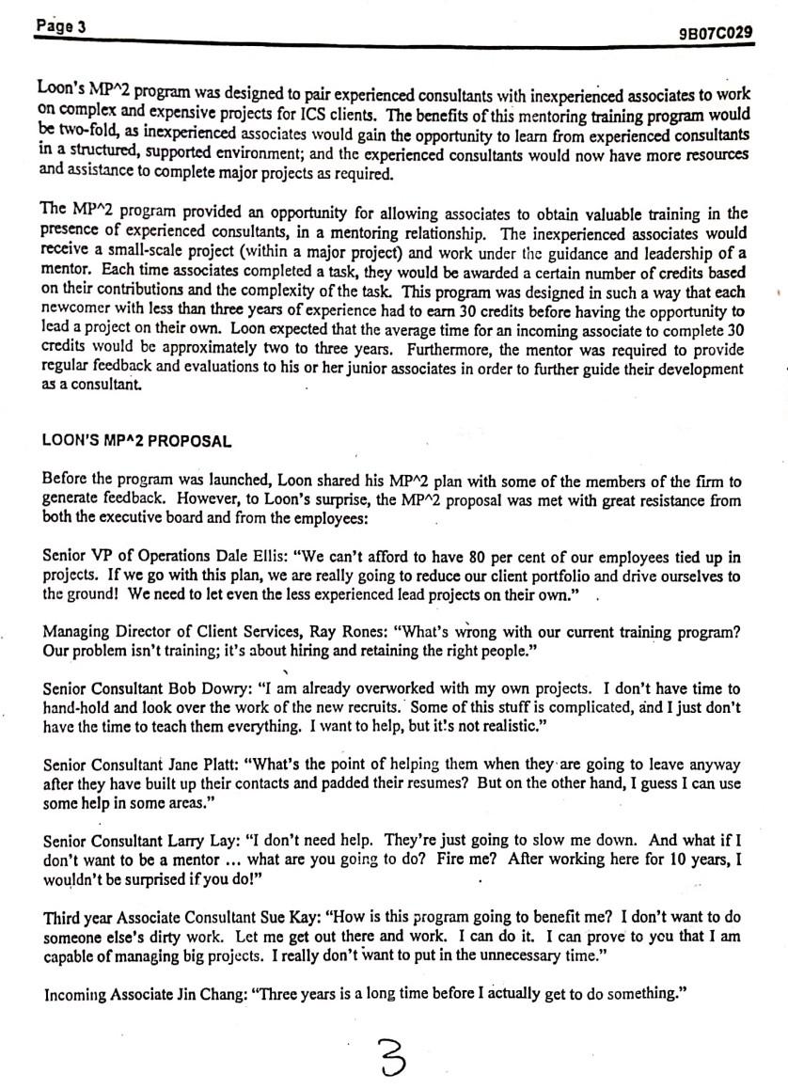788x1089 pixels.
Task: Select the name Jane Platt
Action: click(x=184, y=738)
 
